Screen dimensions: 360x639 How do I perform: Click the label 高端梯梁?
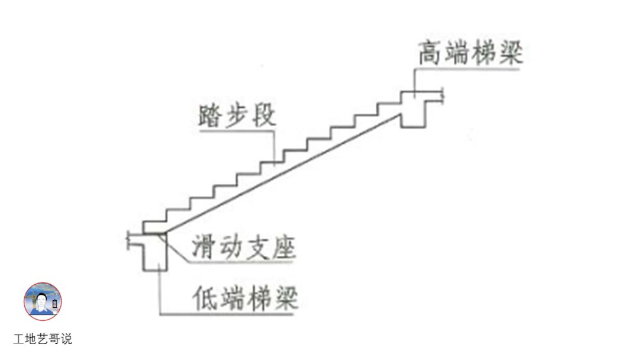pos(471,53)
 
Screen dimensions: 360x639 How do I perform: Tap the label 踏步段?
pos(237,116)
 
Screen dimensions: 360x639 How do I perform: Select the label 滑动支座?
pos(243,248)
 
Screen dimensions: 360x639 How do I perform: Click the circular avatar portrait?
pos(43,301)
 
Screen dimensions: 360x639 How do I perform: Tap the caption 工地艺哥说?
pos(43,340)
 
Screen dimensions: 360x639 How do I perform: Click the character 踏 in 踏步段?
pos(210,116)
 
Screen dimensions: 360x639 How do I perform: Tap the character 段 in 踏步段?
pos(264,116)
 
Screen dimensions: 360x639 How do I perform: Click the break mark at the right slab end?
pos(443,95)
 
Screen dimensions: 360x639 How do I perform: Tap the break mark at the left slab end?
pos(128,240)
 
